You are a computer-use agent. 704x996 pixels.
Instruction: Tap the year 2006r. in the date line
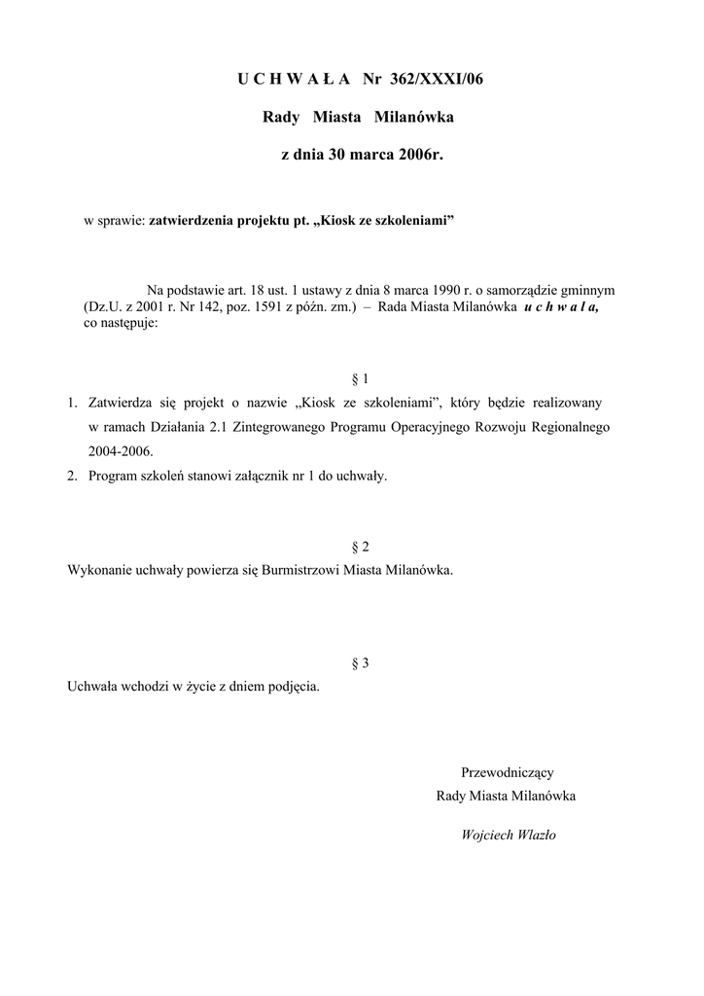click(x=420, y=155)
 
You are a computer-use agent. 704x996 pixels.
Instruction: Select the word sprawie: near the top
click(x=122, y=222)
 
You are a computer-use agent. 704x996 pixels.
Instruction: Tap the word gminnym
click(x=589, y=290)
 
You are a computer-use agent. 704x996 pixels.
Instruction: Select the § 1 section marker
click(x=360, y=378)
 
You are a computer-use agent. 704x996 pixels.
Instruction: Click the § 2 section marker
click(x=360, y=547)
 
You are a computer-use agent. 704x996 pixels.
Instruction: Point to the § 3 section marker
click(x=360, y=663)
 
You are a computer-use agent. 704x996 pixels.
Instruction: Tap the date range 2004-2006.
click(x=121, y=451)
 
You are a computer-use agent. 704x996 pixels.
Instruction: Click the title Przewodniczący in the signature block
click(x=507, y=773)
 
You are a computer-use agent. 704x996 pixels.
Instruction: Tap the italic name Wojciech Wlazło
click(x=508, y=835)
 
